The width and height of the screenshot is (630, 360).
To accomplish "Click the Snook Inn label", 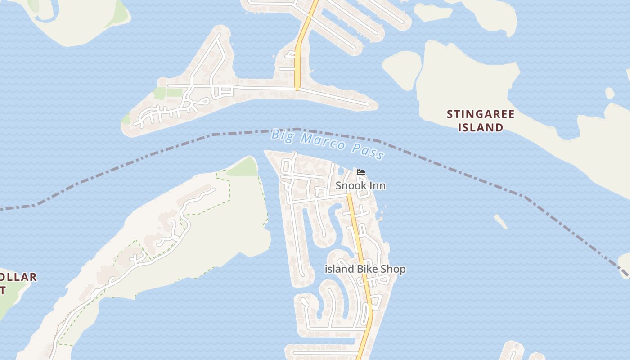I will pos(360,186).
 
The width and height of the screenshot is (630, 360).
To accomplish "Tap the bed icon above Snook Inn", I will pos(360,172).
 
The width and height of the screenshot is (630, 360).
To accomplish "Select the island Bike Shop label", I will pos(365,269).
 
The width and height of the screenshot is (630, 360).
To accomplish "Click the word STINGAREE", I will pos(480,114).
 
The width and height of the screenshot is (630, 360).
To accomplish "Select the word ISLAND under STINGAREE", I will pos(481,128).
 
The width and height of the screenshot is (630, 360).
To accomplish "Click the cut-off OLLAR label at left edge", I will pos(18,277).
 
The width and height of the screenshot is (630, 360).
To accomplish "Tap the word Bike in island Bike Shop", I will pos(368,269).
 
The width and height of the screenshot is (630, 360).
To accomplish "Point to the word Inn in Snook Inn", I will pos(377,186).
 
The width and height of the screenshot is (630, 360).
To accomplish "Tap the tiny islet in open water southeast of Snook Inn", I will pos(500,221).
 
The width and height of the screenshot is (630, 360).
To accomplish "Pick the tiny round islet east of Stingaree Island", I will pos(609,93).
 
